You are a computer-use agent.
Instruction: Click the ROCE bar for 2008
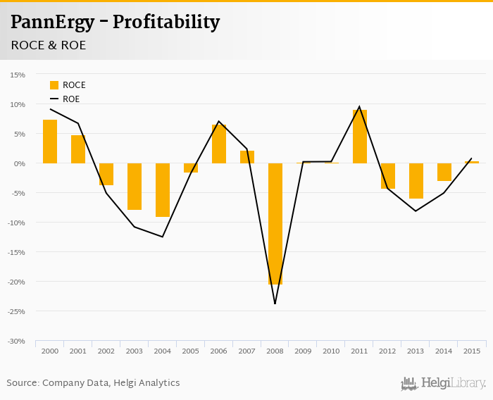[x=275, y=223]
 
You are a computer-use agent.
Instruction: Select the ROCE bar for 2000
[x=50, y=142]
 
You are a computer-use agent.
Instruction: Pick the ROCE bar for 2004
[x=163, y=190]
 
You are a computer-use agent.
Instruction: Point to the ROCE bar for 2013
[x=416, y=181]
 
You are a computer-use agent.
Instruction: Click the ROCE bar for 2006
[x=219, y=144]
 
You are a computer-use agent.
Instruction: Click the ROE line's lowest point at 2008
[x=275, y=304]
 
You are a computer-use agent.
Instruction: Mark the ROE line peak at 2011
[x=359, y=107]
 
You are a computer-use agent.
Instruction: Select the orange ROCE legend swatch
[x=54, y=85]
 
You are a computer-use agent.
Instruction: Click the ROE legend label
[x=71, y=99]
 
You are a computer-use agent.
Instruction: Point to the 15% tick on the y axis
[x=18, y=75]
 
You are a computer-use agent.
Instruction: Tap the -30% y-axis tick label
[x=16, y=341]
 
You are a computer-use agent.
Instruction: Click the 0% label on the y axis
[x=19, y=163]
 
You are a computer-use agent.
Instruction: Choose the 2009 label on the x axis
[x=303, y=351]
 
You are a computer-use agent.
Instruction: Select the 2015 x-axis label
[x=472, y=351]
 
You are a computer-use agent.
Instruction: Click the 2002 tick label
[x=106, y=351]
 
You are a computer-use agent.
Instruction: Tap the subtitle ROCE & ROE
[x=48, y=45]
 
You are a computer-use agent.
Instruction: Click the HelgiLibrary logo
[x=444, y=383]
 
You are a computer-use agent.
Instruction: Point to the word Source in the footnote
[x=23, y=383]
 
